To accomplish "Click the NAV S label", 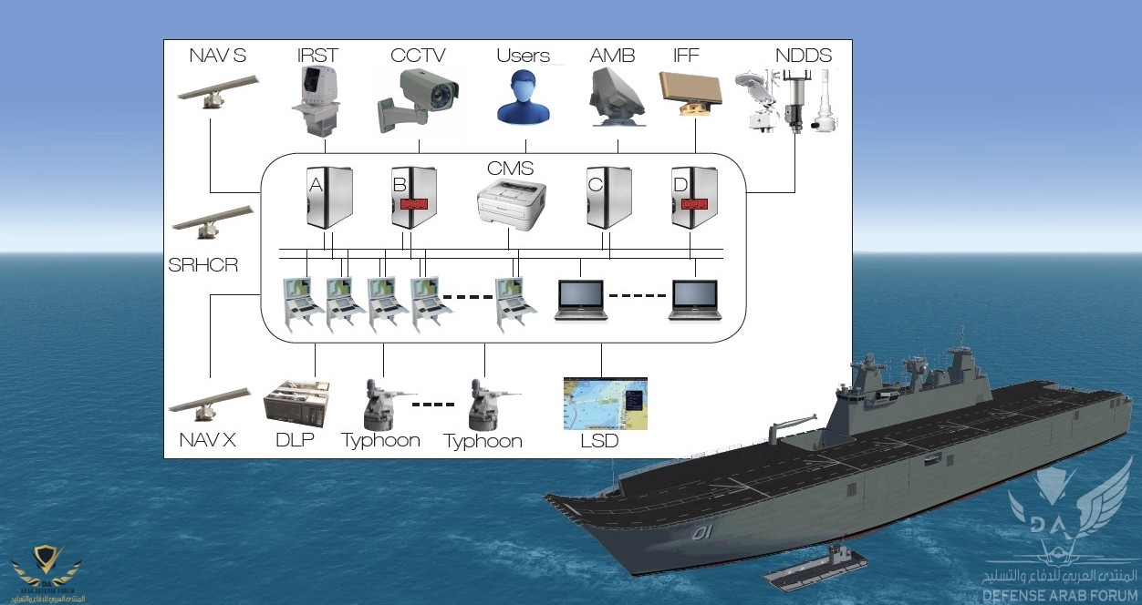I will click(217, 56).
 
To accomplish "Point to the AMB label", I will click(613, 56).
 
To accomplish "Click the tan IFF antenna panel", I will click(690, 94).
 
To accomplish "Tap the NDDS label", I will click(804, 56).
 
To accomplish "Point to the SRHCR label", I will click(203, 266).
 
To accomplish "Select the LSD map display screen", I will click(605, 403).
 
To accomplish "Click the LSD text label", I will click(599, 442).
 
